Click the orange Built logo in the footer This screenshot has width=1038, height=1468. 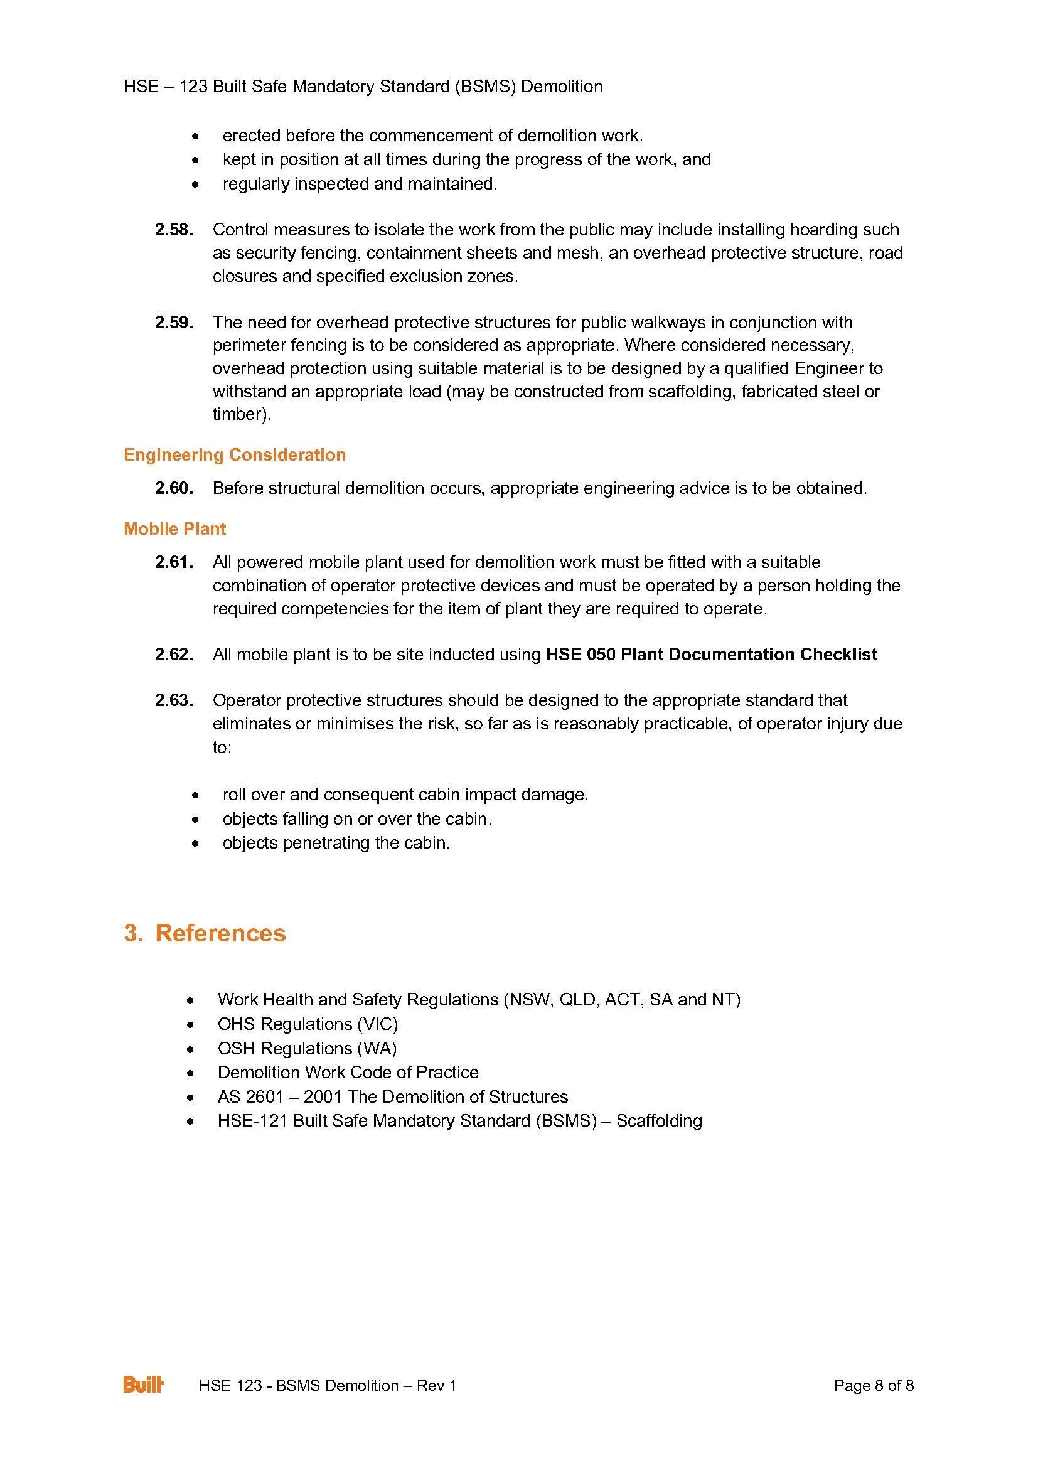(x=144, y=1385)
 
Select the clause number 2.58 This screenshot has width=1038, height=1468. (x=174, y=230)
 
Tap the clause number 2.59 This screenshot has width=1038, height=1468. (x=174, y=322)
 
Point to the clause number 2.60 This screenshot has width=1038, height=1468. (x=174, y=488)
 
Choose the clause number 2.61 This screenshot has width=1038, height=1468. (x=174, y=562)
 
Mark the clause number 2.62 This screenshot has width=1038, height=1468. (x=174, y=655)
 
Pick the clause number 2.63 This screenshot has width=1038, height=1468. (x=174, y=701)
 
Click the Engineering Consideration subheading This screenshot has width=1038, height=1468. (x=235, y=454)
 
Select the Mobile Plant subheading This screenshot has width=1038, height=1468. (x=174, y=528)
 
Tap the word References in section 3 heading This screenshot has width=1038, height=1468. (x=220, y=933)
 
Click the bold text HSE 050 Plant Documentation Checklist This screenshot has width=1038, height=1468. (x=712, y=655)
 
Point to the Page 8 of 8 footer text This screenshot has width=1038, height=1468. (x=874, y=1386)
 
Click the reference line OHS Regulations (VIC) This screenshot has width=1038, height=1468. (x=308, y=1024)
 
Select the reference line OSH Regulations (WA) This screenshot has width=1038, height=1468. (x=307, y=1049)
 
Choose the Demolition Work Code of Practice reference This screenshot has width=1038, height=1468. (x=348, y=1072)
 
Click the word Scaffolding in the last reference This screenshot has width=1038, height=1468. (x=659, y=1121)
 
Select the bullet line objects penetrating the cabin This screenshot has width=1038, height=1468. (x=336, y=843)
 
